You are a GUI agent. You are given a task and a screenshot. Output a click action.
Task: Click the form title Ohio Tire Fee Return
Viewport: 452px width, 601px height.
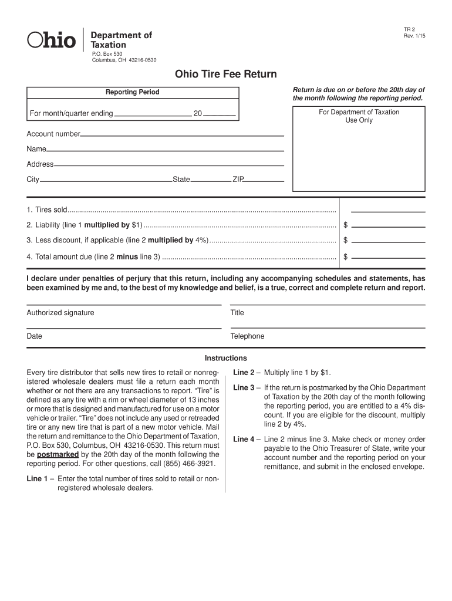tap(225, 75)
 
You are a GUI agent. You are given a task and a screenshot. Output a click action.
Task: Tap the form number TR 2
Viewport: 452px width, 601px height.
tap(409, 29)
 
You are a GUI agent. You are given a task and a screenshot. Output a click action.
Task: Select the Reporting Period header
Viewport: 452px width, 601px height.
tap(132, 92)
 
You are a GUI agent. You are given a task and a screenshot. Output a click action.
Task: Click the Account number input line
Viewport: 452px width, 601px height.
tap(182, 135)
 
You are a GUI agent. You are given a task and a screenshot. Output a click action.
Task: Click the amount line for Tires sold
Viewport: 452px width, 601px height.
tap(387, 211)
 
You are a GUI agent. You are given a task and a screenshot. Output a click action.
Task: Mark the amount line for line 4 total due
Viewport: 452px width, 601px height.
tap(387, 257)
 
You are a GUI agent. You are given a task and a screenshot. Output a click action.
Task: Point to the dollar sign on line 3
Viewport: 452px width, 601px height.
tap(346, 240)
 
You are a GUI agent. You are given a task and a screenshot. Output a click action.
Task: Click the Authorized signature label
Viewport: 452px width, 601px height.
tap(60, 313)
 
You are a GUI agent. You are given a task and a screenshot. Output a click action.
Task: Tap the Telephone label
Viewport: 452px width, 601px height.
tap(247, 336)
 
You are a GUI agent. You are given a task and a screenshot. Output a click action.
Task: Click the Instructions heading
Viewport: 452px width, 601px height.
tap(225, 358)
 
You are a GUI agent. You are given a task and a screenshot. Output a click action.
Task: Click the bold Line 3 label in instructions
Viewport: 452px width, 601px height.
tap(244, 388)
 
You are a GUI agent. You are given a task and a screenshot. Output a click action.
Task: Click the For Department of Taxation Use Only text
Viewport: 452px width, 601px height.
tap(359, 116)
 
